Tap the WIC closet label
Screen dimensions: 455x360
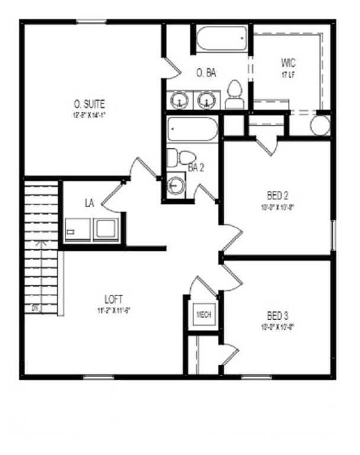point(288,63)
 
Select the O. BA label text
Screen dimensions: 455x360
point(206,73)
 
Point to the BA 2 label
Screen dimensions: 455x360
point(196,168)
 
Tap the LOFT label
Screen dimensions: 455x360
point(114,299)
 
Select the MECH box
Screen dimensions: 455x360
point(204,314)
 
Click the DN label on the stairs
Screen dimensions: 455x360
point(35,308)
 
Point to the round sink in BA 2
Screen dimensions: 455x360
point(176,186)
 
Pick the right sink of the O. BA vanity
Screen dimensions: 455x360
point(205,100)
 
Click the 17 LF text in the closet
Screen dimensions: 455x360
point(288,75)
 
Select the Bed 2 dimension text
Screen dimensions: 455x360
point(277,207)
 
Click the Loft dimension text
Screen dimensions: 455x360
point(114,310)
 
